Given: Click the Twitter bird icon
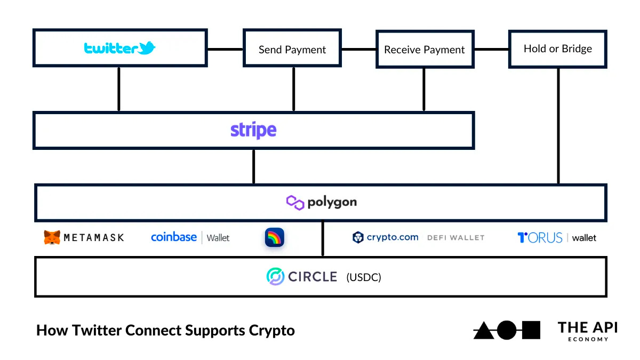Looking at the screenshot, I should click(x=147, y=49).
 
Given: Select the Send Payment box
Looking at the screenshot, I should click(x=292, y=49).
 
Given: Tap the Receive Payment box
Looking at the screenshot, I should click(x=425, y=49).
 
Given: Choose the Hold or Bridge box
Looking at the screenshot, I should click(x=557, y=49).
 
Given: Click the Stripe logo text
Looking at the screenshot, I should click(x=253, y=130).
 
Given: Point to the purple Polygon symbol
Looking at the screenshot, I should click(x=295, y=203).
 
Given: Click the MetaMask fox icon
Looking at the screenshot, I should click(x=52, y=237).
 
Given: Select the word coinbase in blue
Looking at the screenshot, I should click(x=174, y=237).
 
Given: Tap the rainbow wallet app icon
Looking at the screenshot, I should click(x=275, y=237).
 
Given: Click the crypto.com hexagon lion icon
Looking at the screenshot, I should click(x=358, y=237).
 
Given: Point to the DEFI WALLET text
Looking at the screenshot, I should click(x=455, y=237).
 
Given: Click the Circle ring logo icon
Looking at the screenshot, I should click(x=275, y=276).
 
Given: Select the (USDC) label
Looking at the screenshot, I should click(x=364, y=277).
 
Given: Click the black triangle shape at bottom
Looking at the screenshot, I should click(x=483, y=331).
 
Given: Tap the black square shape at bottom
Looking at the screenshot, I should click(x=531, y=330).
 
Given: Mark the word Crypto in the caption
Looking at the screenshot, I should click(x=271, y=331).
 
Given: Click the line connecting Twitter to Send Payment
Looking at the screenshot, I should click(x=225, y=49).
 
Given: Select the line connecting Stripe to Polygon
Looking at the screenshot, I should click(x=253, y=166).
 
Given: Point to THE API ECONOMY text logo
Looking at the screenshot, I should click(x=587, y=331).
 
